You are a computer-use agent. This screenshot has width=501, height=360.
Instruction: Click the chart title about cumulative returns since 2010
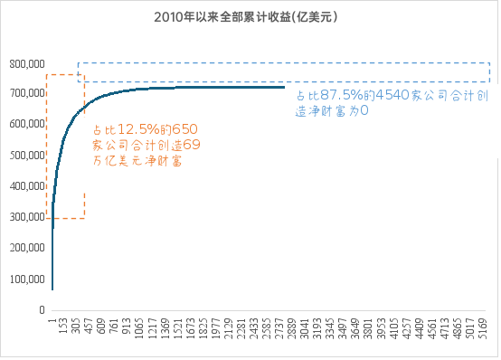tap(251, 17)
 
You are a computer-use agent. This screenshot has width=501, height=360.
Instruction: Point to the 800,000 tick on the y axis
tap(27, 64)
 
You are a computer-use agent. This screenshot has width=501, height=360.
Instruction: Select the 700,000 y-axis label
tap(27, 94)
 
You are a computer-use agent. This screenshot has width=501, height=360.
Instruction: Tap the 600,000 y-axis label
tap(27, 125)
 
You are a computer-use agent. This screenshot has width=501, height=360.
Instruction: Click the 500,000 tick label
tap(27, 156)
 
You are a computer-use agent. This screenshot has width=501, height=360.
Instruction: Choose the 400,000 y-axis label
tap(27, 186)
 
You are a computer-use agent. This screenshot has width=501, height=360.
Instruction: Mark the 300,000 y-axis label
tap(27, 217)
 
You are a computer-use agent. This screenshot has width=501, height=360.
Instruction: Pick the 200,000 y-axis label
tap(27, 248)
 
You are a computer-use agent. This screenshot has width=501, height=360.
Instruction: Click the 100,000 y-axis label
tap(27, 279)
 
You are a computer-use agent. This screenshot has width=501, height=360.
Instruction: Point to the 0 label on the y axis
tap(43, 309)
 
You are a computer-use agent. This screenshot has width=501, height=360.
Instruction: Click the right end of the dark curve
tap(283, 87)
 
